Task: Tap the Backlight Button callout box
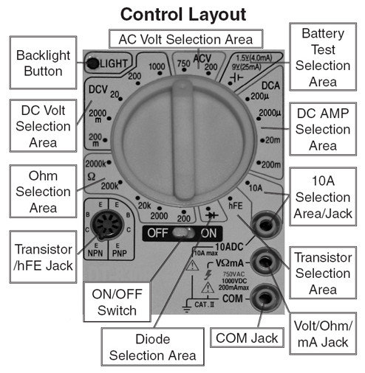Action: pos(43,63)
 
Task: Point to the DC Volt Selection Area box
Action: pos(43,124)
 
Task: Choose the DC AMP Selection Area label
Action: pos(324,129)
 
